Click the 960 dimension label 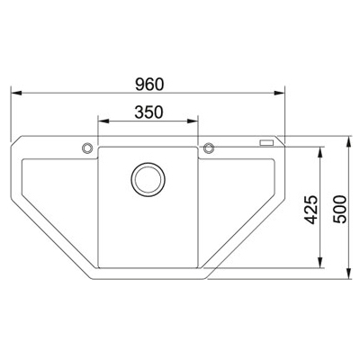point(149,85)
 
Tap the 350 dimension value point(148,112)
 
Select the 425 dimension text point(310,210)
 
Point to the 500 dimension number point(339,209)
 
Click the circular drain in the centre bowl point(148,179)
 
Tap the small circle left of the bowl point(87,148)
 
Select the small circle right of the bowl point(209,148)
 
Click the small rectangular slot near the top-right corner point(266,143)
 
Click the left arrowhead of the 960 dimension point(16,93)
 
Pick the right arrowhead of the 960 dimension point(279,93)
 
